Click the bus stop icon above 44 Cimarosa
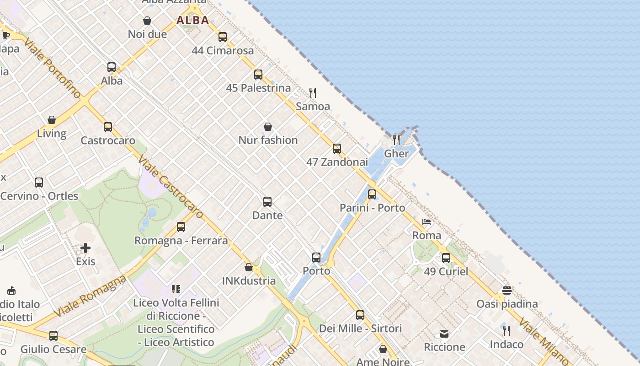point(223,37)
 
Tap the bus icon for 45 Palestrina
point(258,75)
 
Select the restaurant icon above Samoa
point(313,93)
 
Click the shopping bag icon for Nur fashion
point(268,127)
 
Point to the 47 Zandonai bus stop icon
point(337,149)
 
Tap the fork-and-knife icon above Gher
point(396,140)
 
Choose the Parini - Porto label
point(372,208)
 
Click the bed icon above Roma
point(427,222)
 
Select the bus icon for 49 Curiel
point(446,258)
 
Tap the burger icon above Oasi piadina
point(507,291)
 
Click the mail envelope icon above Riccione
point(444,334)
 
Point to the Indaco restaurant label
point(507,344)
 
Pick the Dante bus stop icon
point(267,202)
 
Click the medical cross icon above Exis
point(85,248)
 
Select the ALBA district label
point(193,20)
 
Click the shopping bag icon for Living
point(52,120)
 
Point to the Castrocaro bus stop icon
point(108,127)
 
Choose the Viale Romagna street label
point(90,296)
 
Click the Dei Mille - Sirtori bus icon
point(360,315)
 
